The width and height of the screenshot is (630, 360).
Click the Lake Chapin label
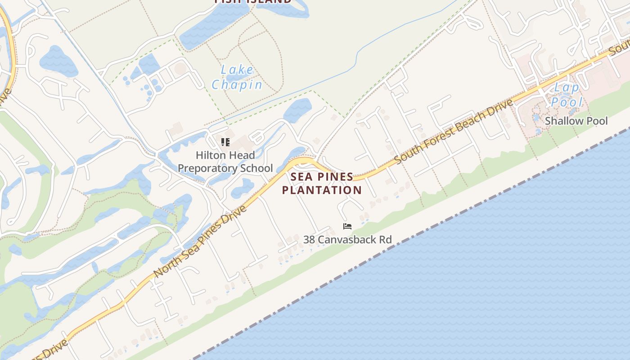click(x=237, y=77)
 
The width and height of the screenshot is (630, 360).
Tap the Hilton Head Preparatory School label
click(x=225, y=162)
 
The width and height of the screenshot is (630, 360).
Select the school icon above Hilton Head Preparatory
click(x=225, y=143)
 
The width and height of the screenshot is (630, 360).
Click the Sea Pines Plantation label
click(x=322, y=183)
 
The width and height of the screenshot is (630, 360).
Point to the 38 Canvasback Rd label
click(x=347, y=239)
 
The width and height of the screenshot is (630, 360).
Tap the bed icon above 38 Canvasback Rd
click(x=347, y=226)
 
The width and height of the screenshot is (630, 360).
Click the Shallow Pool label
click(x=576, y=121)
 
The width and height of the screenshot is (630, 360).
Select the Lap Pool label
click(x=566, y=94)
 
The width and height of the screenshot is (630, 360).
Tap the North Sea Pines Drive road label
click(x=201, y=242)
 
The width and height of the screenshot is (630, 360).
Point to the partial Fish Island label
click(x=253, y=1)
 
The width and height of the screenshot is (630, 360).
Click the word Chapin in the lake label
click(x=237, y=85)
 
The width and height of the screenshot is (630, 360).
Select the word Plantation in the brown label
click(x=322, y=190)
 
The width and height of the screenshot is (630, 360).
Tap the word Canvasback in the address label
click(x=348, y=239)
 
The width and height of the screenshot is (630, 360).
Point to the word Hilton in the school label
click(x=211, y=155)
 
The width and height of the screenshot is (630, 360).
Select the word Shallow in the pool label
click(x=562, y=121)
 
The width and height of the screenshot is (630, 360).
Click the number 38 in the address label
click(x=309, y=239)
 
